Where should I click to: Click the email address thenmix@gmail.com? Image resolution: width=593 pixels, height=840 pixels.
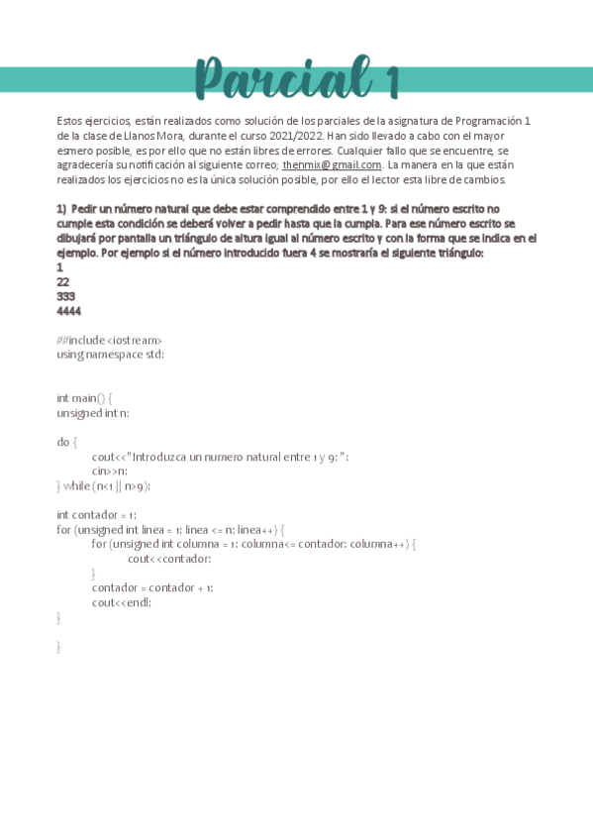tap(332, 164)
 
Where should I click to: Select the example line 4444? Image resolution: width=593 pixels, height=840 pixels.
tap(69, 310)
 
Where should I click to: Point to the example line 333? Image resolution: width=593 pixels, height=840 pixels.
tap(66, 296)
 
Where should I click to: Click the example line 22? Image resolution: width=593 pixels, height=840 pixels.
tap(63, 281)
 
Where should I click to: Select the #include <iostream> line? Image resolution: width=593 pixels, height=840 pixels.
tap(110, 340)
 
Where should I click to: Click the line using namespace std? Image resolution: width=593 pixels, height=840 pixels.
tap(110, 354)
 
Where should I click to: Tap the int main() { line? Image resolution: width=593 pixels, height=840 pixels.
tap(84, 397)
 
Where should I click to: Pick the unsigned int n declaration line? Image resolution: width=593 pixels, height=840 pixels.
tap(93, 412)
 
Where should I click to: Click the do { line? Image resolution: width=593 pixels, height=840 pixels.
tap(66, 442)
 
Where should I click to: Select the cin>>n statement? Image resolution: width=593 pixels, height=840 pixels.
tap(110, 471)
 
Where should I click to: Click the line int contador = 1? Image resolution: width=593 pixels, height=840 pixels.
tap(96, 515)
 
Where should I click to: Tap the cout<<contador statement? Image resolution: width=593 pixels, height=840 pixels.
tap(169, 559)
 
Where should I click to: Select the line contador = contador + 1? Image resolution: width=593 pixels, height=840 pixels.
tap(152, 587)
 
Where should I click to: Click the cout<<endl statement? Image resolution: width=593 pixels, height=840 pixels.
tap(122, 602)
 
